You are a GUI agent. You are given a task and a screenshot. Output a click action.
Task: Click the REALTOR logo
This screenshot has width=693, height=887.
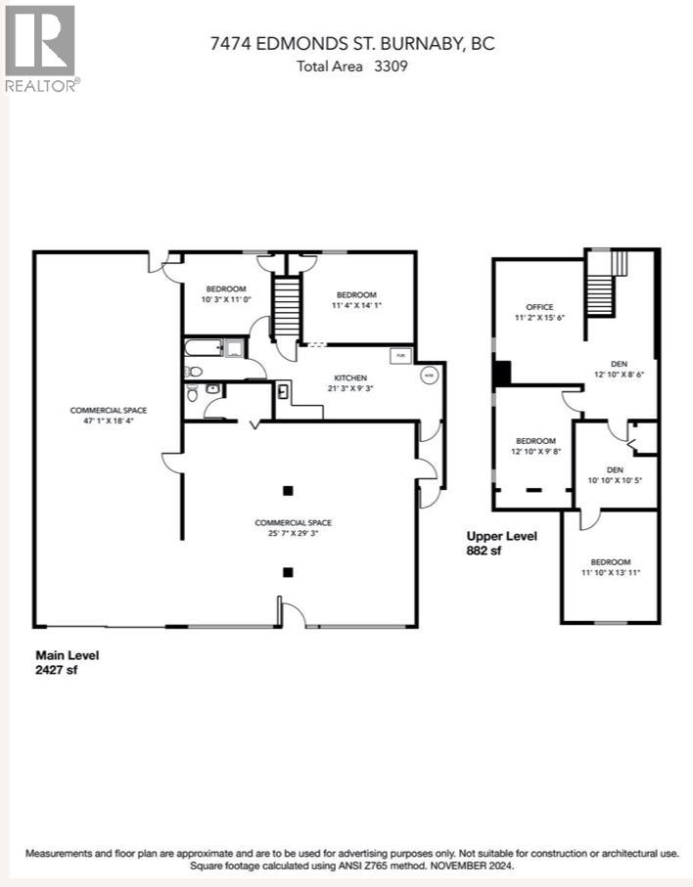(40, 48)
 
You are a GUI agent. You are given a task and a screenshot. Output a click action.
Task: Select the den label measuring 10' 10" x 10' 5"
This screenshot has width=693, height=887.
(614, 474)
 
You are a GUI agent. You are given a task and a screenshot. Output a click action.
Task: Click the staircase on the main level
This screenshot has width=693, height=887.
(284, 307)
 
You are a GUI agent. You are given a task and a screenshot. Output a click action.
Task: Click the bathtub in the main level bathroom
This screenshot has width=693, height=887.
(203, 348)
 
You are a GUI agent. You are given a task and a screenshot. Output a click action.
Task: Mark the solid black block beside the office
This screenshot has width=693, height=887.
(501, 374)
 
